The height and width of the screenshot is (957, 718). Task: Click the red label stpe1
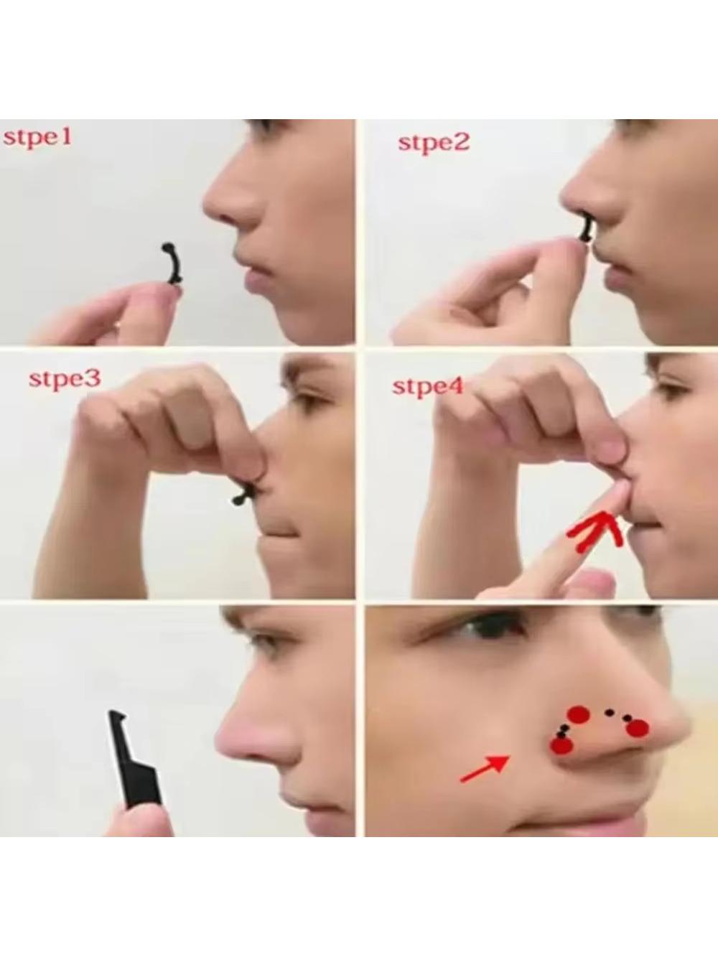[37, 138]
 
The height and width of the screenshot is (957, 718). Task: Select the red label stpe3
[65, 378]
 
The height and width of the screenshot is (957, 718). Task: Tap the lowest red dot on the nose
[561, 745]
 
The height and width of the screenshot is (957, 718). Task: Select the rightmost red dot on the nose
[638, 728]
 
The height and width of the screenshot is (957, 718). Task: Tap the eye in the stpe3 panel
[306, 400]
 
